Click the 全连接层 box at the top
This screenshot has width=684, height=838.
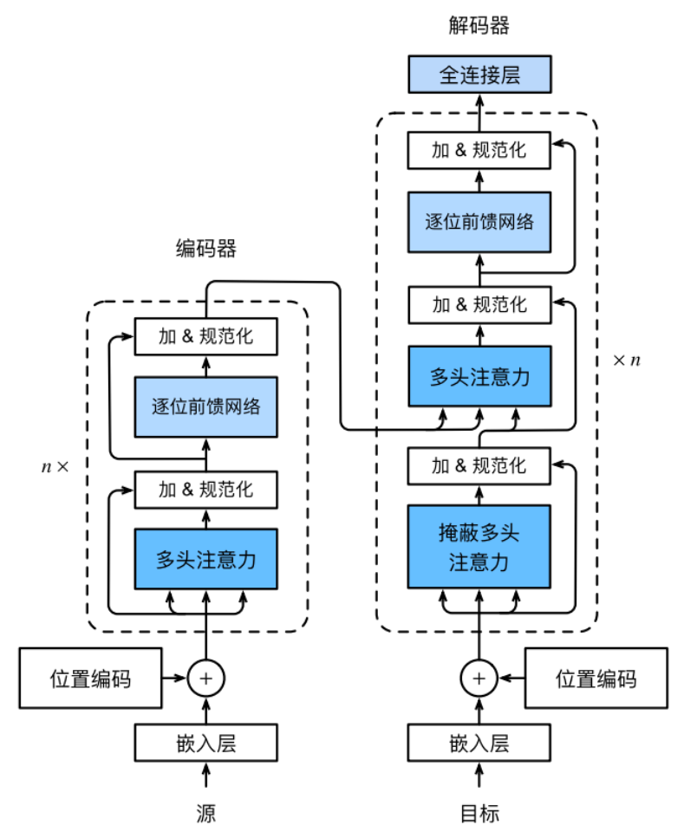pos(479,75)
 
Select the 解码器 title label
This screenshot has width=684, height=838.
pos(479,25)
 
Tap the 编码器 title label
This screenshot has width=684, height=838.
pos(205,250)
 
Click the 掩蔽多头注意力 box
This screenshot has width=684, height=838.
pos(479,546)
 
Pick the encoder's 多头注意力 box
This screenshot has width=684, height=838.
pos(205,559)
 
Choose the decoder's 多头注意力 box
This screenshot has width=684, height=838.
pos(479,377)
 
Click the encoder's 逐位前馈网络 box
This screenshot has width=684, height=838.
pos(205,406)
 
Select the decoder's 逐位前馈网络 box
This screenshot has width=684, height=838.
pos(479,222)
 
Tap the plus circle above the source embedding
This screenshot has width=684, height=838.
pos(205,679)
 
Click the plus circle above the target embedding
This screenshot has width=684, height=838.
pos(479,679)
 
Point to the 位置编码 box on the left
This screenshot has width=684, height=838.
pos(90,679)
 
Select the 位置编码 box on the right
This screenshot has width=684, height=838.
pos(596,679)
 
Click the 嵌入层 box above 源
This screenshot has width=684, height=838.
pos(205,743)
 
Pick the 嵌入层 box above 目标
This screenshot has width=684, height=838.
pos(479,743)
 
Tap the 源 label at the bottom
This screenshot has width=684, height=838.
pos(205,812)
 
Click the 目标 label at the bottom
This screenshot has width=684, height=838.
pos(479,812)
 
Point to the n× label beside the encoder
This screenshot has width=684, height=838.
pos(55,465)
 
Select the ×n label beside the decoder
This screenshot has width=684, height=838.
pos(626,360)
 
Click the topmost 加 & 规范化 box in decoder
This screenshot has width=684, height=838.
pos(479,151)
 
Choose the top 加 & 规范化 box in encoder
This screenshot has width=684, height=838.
pos(205,336)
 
